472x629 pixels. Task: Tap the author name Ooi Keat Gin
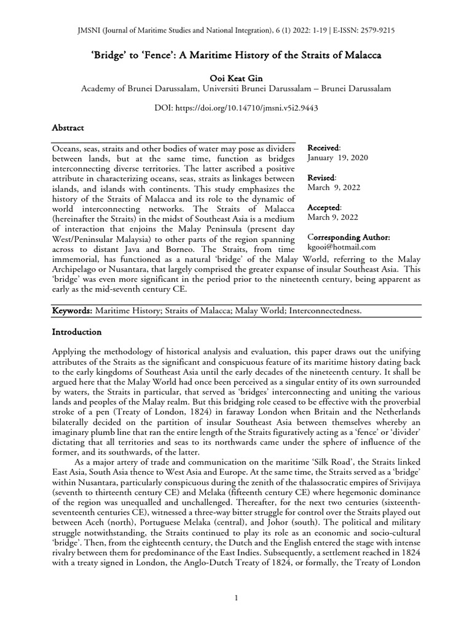[x=236, y=77]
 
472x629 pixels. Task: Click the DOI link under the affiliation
[x=236, y=107]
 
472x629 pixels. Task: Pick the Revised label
[x=321, y=178]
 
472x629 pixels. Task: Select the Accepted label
[x=324, y=208]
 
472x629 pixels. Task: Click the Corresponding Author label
[x=348, y=237]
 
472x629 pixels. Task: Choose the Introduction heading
[x=76, y=332]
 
